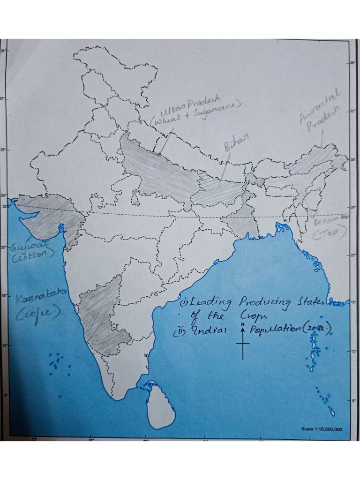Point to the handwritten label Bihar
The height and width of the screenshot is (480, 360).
(x=236, y=141)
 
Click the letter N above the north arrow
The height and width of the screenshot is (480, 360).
(x=243, y=324)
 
